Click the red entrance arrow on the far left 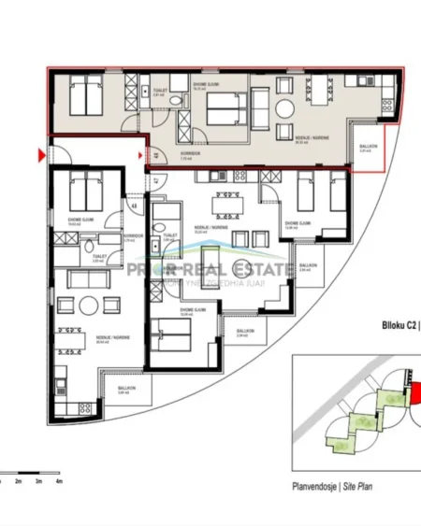39,153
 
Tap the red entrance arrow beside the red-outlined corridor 143,153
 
